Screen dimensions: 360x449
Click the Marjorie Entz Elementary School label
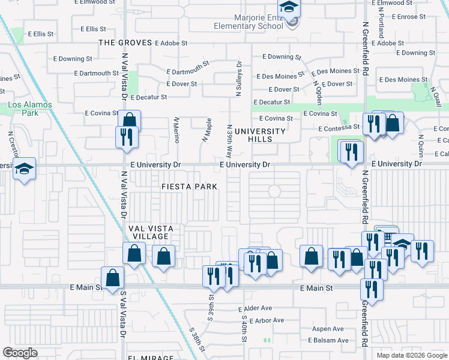[250, 22]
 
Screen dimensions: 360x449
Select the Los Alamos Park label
[30, 109]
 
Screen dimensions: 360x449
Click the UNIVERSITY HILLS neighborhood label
[260, 135]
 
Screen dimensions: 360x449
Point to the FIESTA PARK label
[189, 187]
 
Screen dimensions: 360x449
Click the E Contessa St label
[339, 128]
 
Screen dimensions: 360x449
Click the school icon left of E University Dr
[25, 169]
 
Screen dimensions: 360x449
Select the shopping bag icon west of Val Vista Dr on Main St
[112, 278]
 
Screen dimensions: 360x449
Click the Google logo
[20, 352]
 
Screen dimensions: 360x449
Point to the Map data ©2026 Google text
[411, 355]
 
